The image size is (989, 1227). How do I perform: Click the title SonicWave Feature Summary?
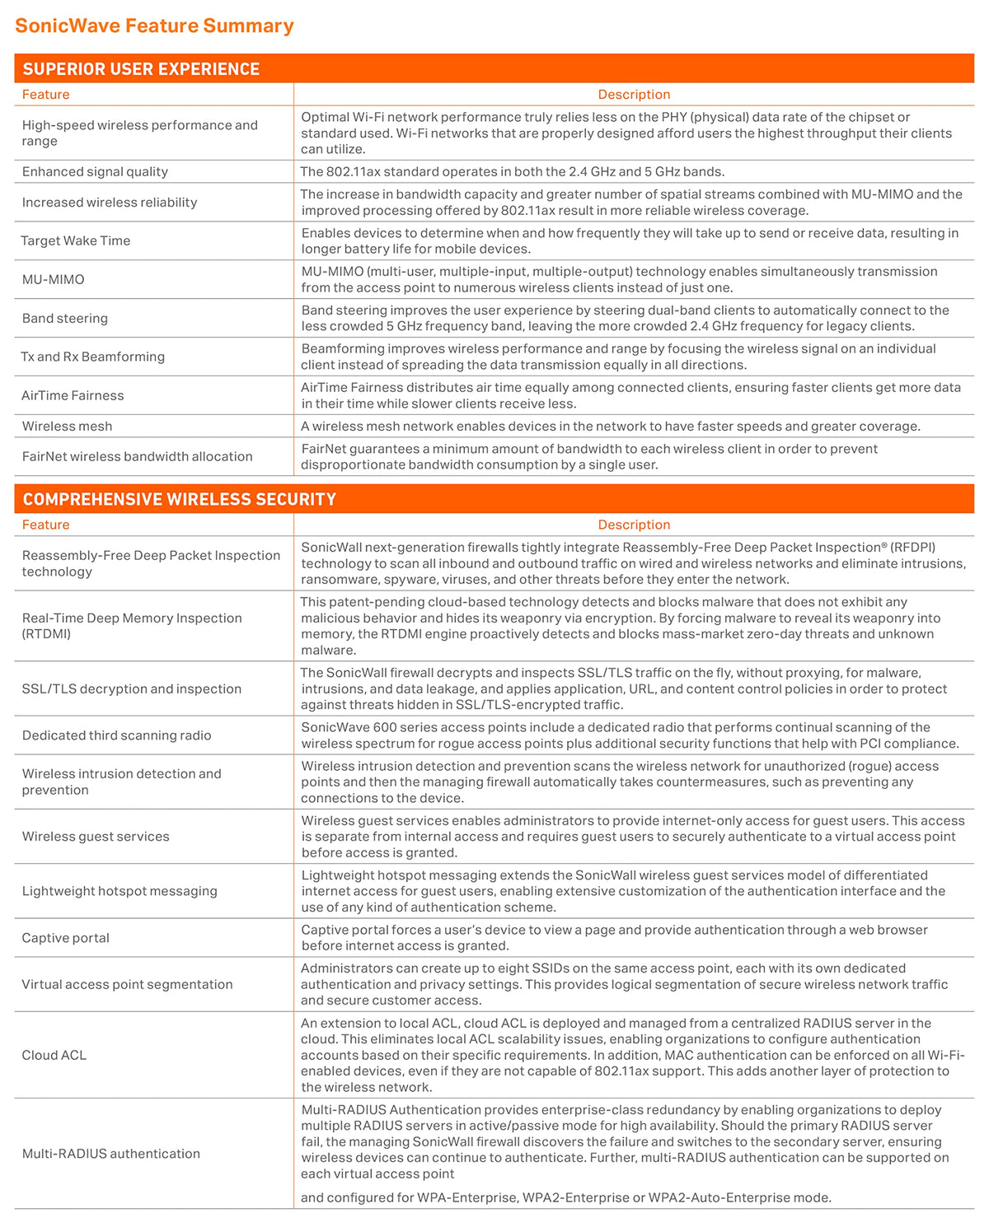pyautogui.click(x=154, y=26)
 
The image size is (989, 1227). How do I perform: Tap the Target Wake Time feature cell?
pyautogui.click(x=76, y=240)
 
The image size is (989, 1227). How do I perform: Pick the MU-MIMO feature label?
pyautogui.click(x=54, y=279)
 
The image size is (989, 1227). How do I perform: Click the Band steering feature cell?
pyautogui.click(x=65, y=318)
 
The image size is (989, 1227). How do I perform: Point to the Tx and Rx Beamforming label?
pyautogui.click(x=93, y=357)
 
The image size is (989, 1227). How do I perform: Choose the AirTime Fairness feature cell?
pyautogui.click(x=73, y=395)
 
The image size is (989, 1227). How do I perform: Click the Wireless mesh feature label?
pyautogui.click(x=67, y=426)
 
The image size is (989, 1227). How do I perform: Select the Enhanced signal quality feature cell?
pyautogui.click(x=95, y=171)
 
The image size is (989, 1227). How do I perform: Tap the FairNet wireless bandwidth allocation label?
pyautogui.click(x=137, y=456)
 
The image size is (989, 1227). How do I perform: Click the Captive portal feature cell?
pyautogui.click(x=65, y=937)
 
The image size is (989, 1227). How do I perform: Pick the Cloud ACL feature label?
pyautogui.click(x=54, y=1055)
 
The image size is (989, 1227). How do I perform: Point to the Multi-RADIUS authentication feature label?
pyautogui.click(x=110, y=1154)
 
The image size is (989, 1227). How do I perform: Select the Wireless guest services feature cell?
pyautogui.click(x=96, y=836)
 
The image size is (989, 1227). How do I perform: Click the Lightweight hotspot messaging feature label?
pyautogui.click(x=120, y=891)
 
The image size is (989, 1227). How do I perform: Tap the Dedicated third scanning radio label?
pyautogui.click(x=116, y=735)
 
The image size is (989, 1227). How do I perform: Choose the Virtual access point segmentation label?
pyautogui.click(x=127, y=984)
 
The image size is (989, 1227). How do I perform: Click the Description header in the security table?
pyautogui.click(x=634, y=525)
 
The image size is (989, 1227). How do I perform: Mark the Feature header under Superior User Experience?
pyautogui.click(x=46, y=95)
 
